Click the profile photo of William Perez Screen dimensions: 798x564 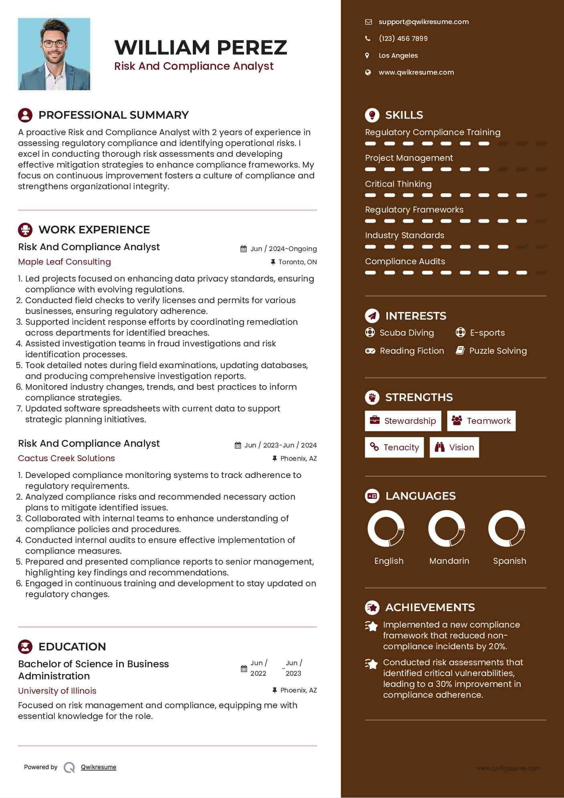point(54,54)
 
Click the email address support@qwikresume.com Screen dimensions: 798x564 point(423,22)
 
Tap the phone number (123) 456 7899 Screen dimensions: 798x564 point(403,38)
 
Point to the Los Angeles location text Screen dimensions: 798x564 point(398,56)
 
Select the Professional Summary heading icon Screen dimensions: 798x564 point(25,115)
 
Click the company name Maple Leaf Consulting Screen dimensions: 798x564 point(65,262)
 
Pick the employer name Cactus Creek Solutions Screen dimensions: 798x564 point(67,458)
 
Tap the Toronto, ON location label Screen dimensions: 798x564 point(297,262)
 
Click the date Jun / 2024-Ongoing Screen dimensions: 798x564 point(283,249)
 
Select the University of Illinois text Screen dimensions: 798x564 point(57,691)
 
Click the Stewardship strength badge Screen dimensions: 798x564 point(403,421)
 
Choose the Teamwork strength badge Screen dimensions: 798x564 point(481,421)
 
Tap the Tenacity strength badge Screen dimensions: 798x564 point(394,448)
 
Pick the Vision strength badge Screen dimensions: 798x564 point(454,448)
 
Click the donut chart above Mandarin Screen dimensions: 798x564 point(447,529)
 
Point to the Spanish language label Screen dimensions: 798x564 point(509,561)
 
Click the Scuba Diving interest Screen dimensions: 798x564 point(406,333)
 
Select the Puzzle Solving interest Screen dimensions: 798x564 point(498,351)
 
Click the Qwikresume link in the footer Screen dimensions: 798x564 point(99,767)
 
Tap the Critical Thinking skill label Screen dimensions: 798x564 point(398,184)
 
